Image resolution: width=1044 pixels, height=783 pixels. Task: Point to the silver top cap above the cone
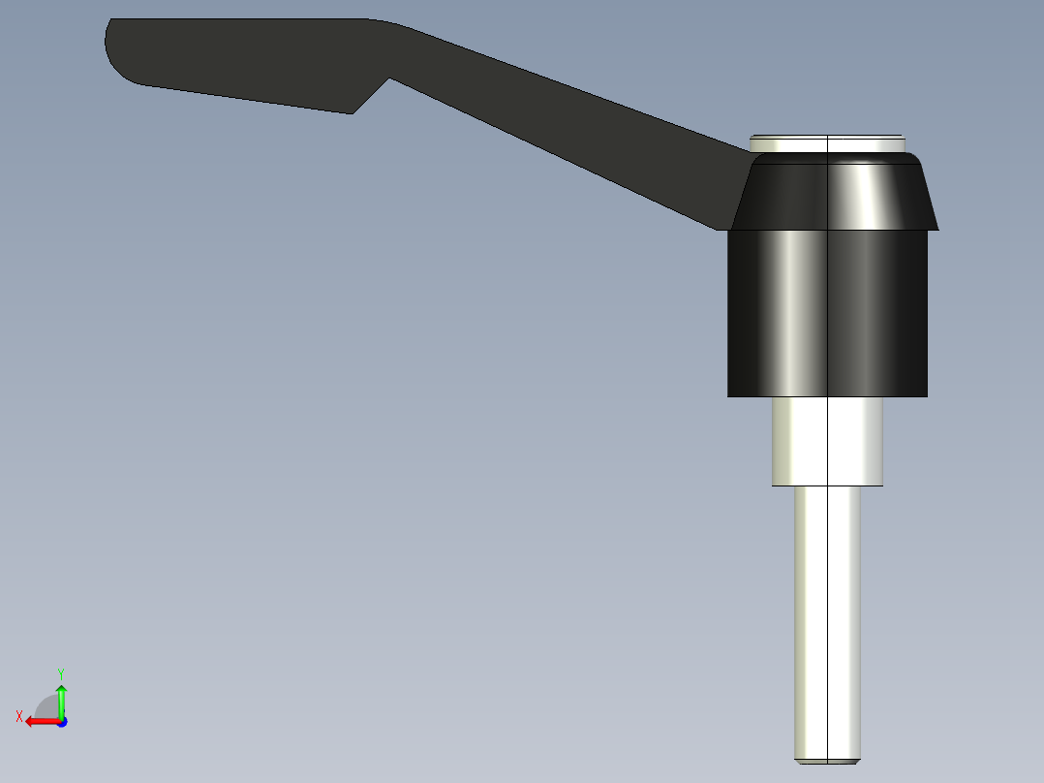(x=827, y=143)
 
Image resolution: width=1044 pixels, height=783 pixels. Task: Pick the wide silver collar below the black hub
(x=827, y=441)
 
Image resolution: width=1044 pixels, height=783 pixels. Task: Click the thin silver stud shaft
(x=827, y=620)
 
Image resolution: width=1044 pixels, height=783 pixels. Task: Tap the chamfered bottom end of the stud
(x=827, y=761)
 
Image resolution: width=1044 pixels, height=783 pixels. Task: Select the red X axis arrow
(x=41, y=721)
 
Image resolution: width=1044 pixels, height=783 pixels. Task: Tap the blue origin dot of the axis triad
(x=61, y=722)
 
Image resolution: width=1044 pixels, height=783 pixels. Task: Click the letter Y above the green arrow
(x=61, y=672)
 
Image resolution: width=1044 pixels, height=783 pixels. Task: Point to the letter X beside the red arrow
(x=19, y=716)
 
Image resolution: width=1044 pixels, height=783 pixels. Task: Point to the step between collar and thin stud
(x=827, y=485)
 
